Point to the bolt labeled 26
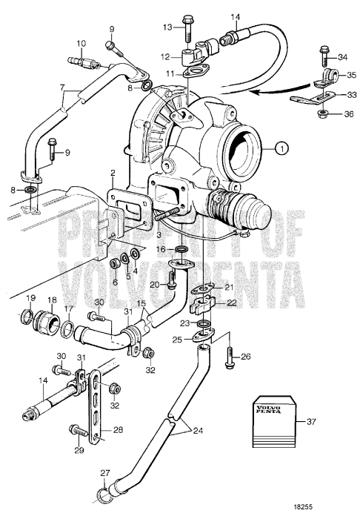[x=229, y=357]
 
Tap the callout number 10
[x=81, y=44]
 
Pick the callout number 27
[x=104, y=474]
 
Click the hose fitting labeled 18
[x=52, y=325]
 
